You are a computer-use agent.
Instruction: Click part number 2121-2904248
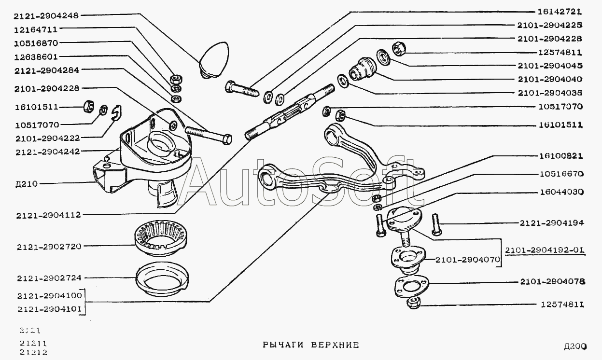point(47,16)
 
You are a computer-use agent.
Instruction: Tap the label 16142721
point(560,11)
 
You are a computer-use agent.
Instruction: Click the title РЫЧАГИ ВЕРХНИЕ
point(310,345)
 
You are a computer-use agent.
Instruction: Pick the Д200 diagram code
point(574,346)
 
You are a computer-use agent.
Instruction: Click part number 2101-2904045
point(550,66)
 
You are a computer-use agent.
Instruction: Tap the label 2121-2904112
point(47,215)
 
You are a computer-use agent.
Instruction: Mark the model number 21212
point(32,352)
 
